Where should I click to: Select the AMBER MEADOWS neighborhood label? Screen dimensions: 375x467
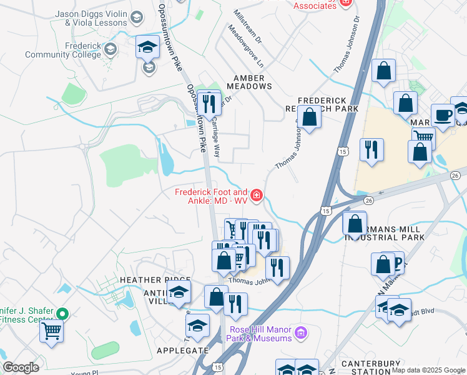(249, 82)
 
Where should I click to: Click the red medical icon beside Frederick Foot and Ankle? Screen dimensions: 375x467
(257, 197)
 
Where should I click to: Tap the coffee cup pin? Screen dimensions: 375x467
(443, 116)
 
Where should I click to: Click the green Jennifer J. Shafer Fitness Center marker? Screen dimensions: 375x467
(61, 313)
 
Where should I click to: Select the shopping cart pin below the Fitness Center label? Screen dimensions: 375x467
(51, 331)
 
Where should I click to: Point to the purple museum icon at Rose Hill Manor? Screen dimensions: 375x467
(302, 331)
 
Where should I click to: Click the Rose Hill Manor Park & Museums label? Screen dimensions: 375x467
(260, 334)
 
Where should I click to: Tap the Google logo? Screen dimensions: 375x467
(21, 367)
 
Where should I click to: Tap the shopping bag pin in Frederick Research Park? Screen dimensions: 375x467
(309, 116)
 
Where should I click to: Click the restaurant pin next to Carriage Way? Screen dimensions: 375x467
(209, 102)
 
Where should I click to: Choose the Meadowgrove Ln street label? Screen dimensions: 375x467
(246, 47)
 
